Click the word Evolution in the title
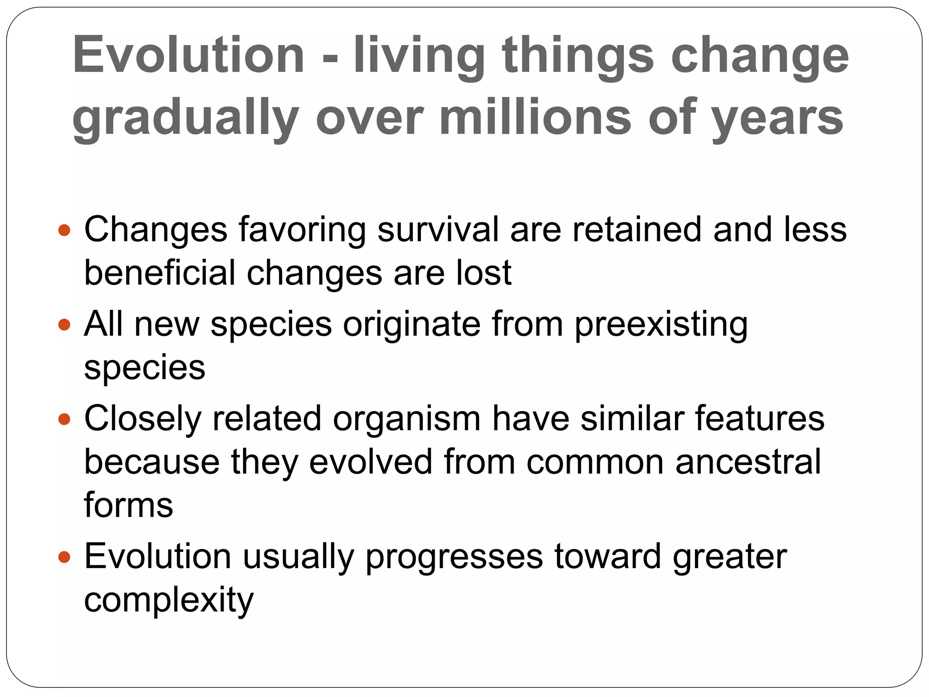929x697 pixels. tap(188, 55)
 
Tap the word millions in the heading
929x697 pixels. tap(535, 118)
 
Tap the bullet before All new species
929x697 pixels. tap(65, 325)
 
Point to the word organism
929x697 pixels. tap(406, 419)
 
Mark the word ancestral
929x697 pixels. tap(748, 462)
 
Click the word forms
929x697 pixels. tap(128, 505)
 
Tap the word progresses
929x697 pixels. tap(454, 558)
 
